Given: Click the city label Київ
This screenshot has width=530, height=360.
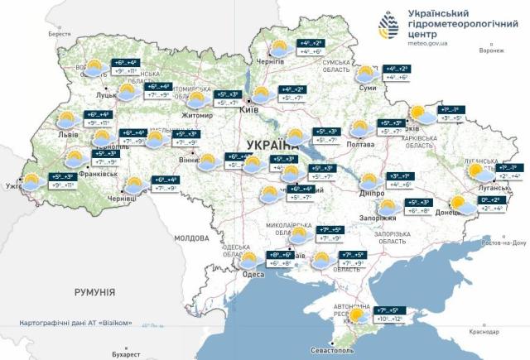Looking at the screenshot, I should click(x=248, y=108).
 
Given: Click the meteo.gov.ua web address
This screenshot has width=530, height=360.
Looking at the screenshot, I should click(x=431, y=42).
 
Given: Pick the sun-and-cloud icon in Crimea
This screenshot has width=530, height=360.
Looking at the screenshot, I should click(x=359, y=316).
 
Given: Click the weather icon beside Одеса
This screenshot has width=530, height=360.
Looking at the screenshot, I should click(x=248, y=260).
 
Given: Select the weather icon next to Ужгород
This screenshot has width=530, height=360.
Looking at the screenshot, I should click(x=33, y=182).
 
